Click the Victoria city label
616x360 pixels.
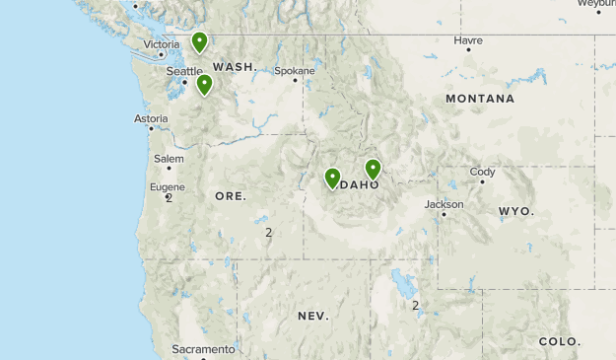(x=162, y=44)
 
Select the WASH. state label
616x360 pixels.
(x=235, y=67)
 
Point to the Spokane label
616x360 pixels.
(x=295, y=71)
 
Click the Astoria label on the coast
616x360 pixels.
(x=151, y=118)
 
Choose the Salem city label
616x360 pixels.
(x=169, y=158)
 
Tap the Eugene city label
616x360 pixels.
(x=167, y=186)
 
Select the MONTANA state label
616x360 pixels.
(x=480, y=99)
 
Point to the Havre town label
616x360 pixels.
(x=468, y=40)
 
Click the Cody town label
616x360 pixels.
(x=482, y=172)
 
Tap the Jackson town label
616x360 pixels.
(x=444, y=204)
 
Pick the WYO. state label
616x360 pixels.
(x=515, y=212)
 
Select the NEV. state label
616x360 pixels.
(x=313, y=316)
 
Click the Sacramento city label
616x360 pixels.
(x=203, y=349)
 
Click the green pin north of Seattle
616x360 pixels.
(x=200, y=41)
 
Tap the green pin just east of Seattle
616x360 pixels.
(x=204, y=84)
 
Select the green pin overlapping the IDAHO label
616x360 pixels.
(x=373, y=169)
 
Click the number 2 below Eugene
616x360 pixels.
(x=170, y=198)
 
